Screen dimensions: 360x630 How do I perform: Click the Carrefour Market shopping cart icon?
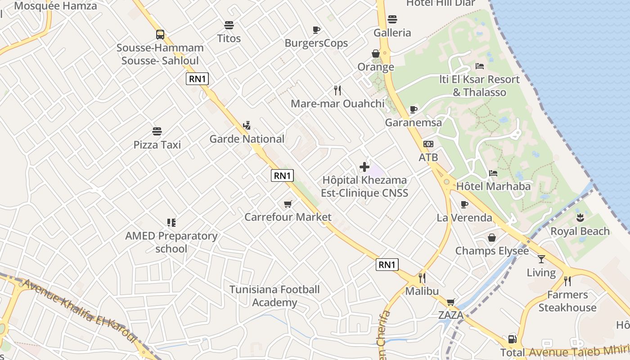(288, 204)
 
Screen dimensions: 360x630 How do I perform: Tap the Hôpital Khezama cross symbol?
(364, 167)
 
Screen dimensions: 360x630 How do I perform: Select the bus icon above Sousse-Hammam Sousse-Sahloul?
(160, 35)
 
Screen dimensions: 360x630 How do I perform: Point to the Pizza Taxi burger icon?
(157, 131)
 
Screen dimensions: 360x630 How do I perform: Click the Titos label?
(229, 38)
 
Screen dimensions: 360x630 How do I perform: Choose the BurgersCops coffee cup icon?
(316, 30)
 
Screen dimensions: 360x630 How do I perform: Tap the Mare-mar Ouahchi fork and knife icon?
(338, 90)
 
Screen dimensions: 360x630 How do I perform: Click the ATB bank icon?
(428, 144)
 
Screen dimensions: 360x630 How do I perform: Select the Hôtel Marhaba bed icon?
(493, 173)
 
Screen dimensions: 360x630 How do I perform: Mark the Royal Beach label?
(580, 231)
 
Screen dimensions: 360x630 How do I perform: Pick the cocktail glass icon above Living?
(541, 259)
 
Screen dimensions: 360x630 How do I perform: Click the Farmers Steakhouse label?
(567, 301)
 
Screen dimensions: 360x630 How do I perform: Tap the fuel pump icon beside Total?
(512, 339)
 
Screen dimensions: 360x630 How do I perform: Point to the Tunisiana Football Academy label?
(274, 296)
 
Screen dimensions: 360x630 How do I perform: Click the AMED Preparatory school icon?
(171, 222)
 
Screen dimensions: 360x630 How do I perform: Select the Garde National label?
(247, 139)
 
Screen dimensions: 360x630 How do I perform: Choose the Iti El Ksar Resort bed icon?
(480, 66)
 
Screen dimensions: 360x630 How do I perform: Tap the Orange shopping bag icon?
(376, 54)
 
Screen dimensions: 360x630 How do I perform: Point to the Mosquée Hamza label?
(55, 6)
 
